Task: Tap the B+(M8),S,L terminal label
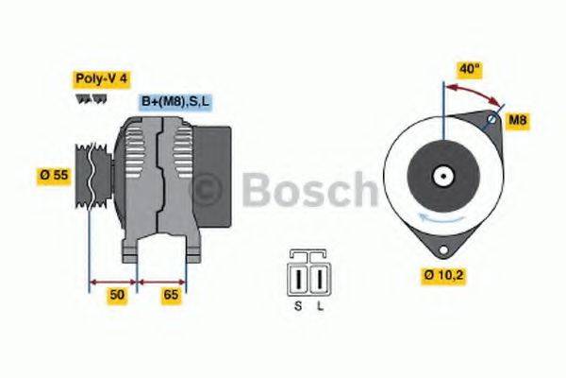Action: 176,101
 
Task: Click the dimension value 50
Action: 116,296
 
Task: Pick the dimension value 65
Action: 171,296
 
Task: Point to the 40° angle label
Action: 469,69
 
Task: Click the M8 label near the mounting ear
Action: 517,120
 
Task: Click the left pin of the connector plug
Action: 301,280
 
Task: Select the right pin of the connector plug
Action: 318,280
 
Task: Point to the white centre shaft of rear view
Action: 441,176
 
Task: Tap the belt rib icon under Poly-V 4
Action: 91,98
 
